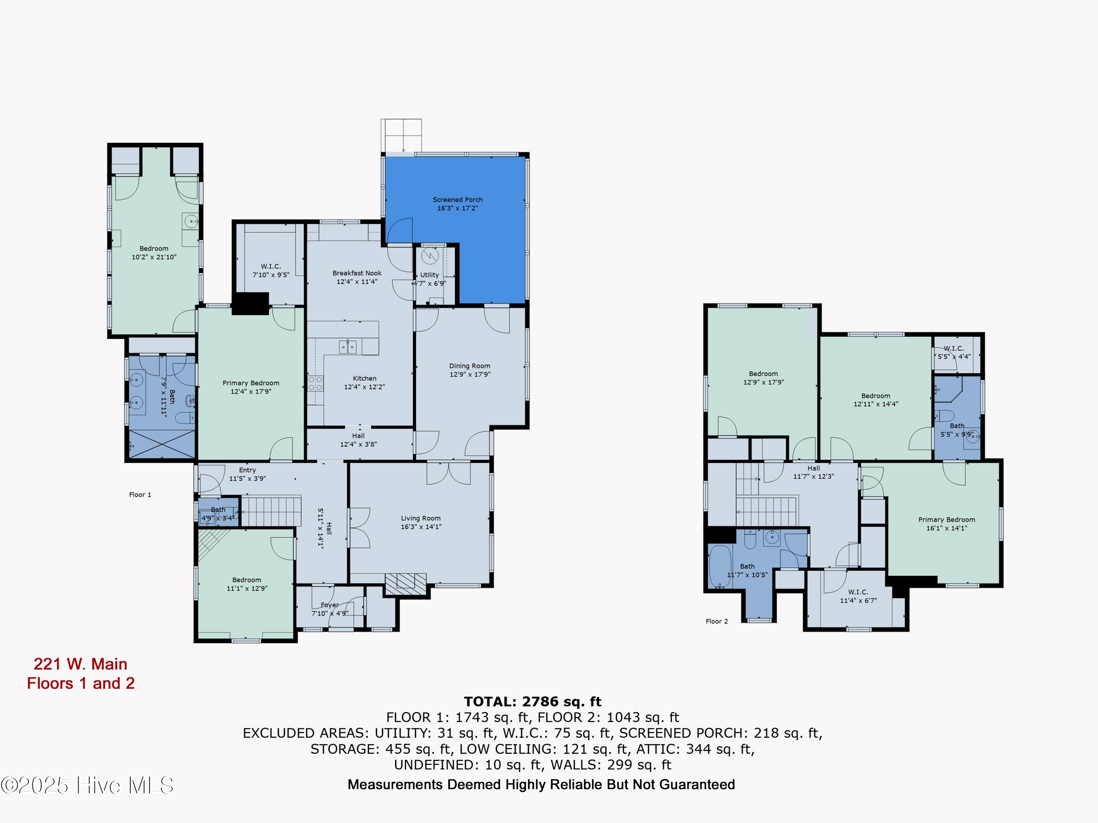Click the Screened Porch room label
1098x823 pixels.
tap(457, 204)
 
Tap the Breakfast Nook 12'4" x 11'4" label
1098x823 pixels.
tap(357, 277)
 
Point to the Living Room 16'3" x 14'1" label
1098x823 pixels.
tap(421, 522)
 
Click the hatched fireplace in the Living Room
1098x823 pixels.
tap(406, 583)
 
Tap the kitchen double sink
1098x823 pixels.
tap(347, 347)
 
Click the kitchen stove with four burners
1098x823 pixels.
tap(315, 383)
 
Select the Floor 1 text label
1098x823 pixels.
tap(140, 495)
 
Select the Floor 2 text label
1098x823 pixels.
tap(717, 621)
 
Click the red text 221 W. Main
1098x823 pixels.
tap(81, 664)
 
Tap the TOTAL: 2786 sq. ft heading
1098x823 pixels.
tap(533, 702)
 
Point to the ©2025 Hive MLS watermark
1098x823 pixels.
tap(87, 785)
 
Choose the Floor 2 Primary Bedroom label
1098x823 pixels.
tap(946, 524)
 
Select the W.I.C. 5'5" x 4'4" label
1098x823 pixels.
tap(953, 353)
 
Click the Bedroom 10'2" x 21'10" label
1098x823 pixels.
tap(154, 252)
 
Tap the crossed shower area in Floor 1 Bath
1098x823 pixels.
tap(162, 444)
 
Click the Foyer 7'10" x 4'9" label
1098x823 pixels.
tap(330, 609)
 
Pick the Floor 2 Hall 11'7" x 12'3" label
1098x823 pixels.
tap(813, 472)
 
